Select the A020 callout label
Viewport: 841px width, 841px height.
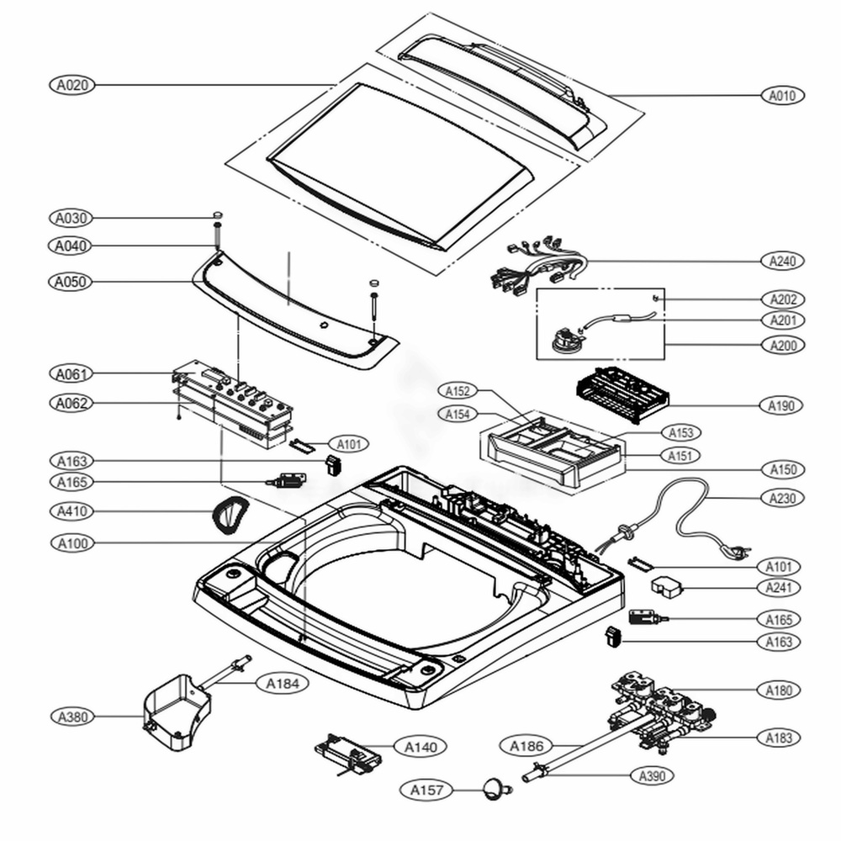(71, 85)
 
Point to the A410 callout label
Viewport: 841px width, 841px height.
(71, 511)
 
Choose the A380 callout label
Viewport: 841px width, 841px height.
(71, 717)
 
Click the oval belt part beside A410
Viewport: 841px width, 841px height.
(229, 512)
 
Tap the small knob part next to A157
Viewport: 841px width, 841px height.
(495, 789)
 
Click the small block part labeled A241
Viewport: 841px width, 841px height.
(669, 586)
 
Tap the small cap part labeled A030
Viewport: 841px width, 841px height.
(216, 215)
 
